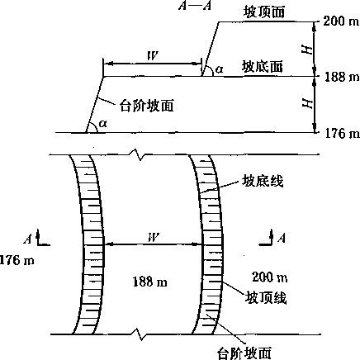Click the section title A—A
(195, 6)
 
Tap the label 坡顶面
(264, 12)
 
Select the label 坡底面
(263, 67)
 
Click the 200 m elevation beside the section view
(341, 21)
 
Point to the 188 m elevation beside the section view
(342, 77)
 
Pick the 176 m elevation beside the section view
(342, 134)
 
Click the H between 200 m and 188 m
(307, 50)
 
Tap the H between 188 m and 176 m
(307, 104)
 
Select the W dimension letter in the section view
(153, 56)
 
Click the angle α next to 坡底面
(219, 69)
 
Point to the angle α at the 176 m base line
(103, 124)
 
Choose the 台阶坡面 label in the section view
(147, 106)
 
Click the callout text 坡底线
(263, 181)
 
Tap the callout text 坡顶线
(266, 297)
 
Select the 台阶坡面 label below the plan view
(244, 353)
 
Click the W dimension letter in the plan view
(154, 237)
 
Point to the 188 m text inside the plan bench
(149, 282)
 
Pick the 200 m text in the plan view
(270, 277)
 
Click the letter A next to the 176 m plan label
(28, 239)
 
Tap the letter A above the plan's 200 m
(282, 238)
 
